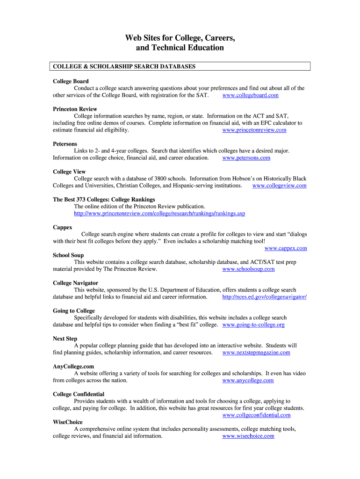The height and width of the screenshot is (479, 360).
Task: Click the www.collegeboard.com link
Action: tap(250, 95)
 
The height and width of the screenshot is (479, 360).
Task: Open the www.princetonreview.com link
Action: tap(254, 130)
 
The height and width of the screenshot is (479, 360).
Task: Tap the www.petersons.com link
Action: tap(246, 158)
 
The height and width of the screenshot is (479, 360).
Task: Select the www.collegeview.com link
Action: tap(279, 186)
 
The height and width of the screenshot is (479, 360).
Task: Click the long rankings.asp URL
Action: tap(159, 214)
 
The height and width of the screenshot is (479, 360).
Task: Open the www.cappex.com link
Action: tap(285, 248)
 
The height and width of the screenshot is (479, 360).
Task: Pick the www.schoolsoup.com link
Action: tap(248, 269)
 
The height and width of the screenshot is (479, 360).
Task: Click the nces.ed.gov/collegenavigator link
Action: tap(264, 297)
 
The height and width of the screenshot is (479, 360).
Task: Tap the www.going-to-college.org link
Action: tap(253, 325)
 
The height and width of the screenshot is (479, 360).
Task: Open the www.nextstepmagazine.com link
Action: tap(256, 353)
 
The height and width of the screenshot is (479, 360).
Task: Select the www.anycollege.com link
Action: tap(248, 381)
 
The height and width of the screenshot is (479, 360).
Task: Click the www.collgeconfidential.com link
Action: tap(256, 415)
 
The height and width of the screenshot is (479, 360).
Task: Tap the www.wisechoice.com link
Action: tap(248, 436)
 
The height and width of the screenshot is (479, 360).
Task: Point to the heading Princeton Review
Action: tap(75, 109)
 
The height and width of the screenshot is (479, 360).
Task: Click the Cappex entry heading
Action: tap(62, 227)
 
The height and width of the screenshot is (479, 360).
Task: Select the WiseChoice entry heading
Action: tap(67, 422)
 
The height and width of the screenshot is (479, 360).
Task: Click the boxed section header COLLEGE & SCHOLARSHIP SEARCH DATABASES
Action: tap(124, 67)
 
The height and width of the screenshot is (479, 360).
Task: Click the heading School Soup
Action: tap(68, 255)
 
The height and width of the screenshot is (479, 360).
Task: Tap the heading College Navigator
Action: tap(75, 283)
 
